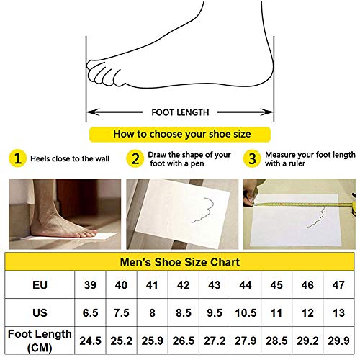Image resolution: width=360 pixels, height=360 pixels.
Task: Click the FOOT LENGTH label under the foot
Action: coord(180,112)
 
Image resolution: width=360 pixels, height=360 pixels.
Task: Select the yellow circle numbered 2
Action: coord(134,158)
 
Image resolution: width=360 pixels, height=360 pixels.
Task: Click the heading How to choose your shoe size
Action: coord(180,134)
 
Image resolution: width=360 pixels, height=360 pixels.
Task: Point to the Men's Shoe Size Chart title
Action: coord(180,262)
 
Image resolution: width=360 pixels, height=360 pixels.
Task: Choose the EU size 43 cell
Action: coord(215,284)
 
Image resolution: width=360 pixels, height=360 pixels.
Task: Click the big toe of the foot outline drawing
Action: coord(96,69)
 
